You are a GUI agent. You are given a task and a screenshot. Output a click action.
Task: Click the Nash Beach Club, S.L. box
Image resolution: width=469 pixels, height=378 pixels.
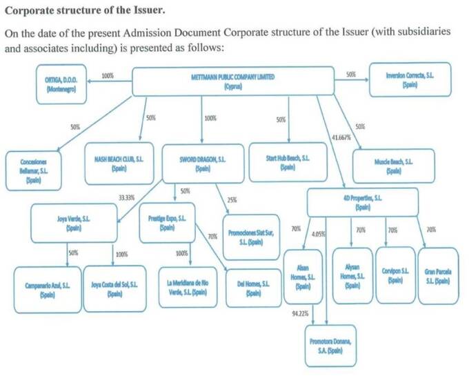(119, 163)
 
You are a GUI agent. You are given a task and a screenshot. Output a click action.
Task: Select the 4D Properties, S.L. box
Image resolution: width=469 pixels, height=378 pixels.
(362, 202)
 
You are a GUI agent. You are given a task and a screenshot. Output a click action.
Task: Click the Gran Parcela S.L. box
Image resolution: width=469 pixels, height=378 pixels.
(438, 276)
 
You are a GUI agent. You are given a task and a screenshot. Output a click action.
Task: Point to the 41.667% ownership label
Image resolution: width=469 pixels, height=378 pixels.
(341, 137)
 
